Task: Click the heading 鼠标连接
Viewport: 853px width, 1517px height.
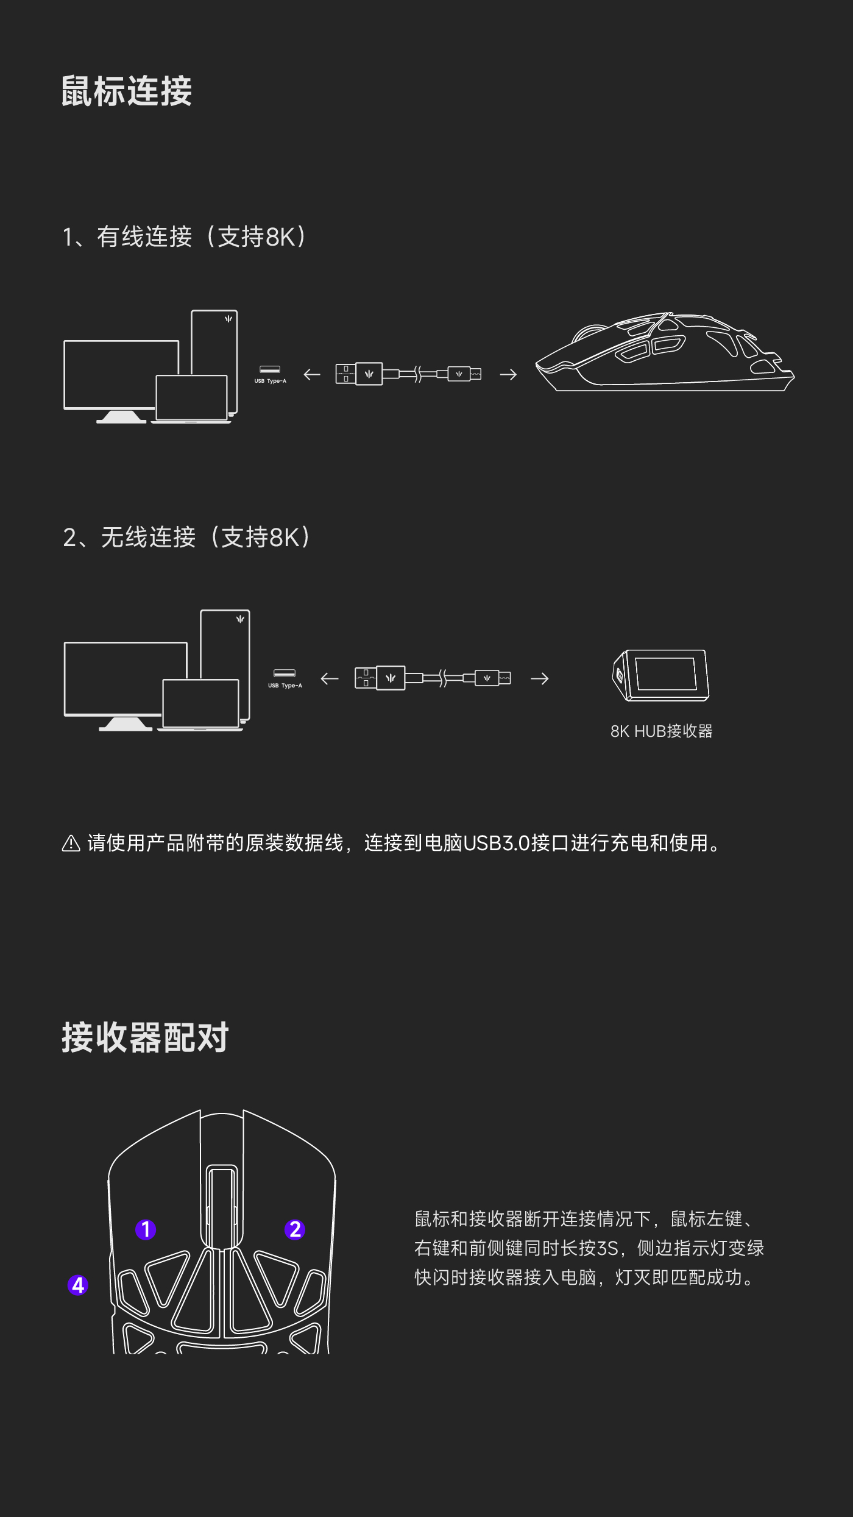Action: [127, 91]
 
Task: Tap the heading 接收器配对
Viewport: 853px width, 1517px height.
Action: [145, 1037]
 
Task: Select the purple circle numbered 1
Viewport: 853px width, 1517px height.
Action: [146, 1229]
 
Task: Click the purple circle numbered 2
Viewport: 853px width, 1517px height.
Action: [296, 1229]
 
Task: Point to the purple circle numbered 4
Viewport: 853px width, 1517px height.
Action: [78, 1285]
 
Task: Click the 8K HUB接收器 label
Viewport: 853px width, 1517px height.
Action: [661, 731]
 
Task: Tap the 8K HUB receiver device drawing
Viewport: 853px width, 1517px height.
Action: [661, 675]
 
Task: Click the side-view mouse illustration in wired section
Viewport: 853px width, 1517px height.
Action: [665, 352]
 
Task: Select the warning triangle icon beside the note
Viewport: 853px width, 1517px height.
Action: [71, 843]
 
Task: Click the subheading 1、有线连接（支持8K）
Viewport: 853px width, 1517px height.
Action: [184, 236]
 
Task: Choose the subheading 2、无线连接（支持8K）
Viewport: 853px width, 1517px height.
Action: [186, 537]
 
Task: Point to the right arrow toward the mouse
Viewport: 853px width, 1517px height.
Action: [508, 374]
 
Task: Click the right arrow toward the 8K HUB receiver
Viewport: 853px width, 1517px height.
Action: [540, 678]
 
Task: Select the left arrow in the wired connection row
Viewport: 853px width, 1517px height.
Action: [312, 374]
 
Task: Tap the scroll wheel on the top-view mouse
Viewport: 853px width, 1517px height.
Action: [222, 1206]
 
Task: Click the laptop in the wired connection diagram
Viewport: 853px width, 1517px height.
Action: [191, 399]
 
